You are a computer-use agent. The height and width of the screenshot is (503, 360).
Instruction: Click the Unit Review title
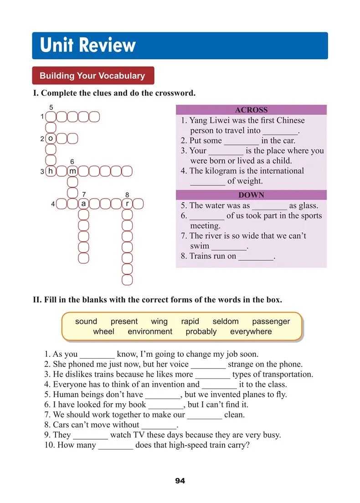coord(88,46)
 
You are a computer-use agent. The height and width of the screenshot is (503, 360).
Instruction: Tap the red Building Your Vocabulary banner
coord(93,76)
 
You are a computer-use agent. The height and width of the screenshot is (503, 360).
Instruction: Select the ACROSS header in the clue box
coord(251,110)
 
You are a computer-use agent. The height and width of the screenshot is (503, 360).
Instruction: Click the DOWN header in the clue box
coord(251,195)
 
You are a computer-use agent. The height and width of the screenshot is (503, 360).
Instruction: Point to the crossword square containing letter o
coord(51,138)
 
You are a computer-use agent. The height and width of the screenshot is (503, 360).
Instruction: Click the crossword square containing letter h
coord(51,171)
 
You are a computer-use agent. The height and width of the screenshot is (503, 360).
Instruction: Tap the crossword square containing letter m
coord(72,171)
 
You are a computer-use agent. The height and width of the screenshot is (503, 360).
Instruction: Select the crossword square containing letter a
coord(83,204)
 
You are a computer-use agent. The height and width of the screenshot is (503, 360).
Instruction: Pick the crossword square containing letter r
coord(127,204)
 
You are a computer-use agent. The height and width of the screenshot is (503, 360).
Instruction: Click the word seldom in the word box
coord(226,321)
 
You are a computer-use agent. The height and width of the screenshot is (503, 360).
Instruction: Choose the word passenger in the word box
coord(271,321)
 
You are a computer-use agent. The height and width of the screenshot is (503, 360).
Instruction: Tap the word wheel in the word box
coord(103,332)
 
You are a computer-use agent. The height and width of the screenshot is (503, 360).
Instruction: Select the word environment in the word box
coord(150,332)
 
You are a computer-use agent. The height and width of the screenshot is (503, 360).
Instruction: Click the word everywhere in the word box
coord(251,332)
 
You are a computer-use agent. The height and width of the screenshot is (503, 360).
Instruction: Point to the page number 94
coord(180,481)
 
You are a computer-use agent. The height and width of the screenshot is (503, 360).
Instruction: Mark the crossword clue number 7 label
coord(83,195)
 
